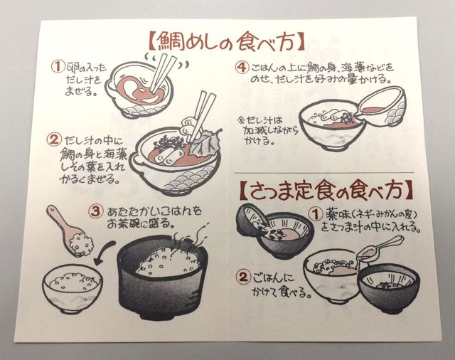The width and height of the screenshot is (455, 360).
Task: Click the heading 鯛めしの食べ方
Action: point(227,41)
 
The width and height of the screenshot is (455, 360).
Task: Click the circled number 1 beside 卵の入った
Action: point(57,67)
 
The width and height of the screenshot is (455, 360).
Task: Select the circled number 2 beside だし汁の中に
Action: point(54,139)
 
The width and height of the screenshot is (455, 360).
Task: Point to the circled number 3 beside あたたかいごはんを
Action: point(96,211)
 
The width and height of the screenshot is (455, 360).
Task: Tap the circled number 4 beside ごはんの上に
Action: point(242,68)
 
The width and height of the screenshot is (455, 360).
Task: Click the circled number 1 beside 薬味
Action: point(315,215)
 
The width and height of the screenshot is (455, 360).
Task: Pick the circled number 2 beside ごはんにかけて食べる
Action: point(243,277)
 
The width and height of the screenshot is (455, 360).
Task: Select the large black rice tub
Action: point(163,276)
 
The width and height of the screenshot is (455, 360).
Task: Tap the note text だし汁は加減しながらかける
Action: point(268,131)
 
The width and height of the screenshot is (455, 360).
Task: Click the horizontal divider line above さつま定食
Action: point(324,173)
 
